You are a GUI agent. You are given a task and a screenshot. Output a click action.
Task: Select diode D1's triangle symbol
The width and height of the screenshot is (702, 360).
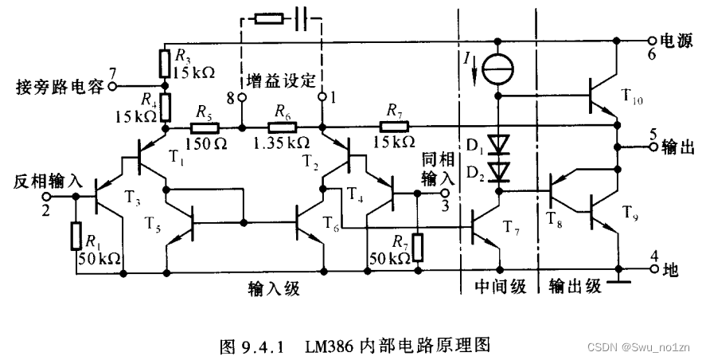(499, 143)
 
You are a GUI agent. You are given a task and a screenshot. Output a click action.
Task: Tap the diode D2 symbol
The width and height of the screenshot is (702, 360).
(499, 170)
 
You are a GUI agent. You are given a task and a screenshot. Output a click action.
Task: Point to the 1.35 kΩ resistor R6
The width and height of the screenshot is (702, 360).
(281, 127)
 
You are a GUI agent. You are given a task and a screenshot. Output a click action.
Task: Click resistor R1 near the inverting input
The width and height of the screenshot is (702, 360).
(77, 237)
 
